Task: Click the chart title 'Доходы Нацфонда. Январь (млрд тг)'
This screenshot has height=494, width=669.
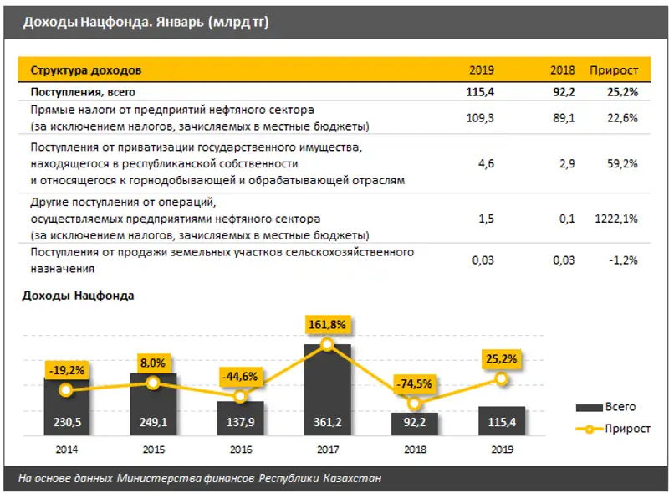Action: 146,22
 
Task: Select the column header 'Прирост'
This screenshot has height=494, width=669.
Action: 614,70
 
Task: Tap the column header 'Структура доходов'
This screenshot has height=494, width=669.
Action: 86,70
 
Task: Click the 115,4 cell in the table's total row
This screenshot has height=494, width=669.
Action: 480,92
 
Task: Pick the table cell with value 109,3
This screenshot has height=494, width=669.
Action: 480,118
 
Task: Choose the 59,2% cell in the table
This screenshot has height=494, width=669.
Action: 620,164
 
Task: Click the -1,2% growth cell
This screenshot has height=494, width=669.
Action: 622,260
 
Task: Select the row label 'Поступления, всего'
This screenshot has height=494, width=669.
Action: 83,92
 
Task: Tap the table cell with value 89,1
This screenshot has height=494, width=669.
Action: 563,118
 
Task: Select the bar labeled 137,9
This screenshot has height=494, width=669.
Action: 241,419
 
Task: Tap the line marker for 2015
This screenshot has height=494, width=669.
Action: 153,383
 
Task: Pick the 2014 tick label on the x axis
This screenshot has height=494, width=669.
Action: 66,449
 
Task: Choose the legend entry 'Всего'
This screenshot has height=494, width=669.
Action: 605,407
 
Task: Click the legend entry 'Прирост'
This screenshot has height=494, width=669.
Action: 605,427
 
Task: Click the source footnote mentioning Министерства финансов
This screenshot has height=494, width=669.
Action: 201,478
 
